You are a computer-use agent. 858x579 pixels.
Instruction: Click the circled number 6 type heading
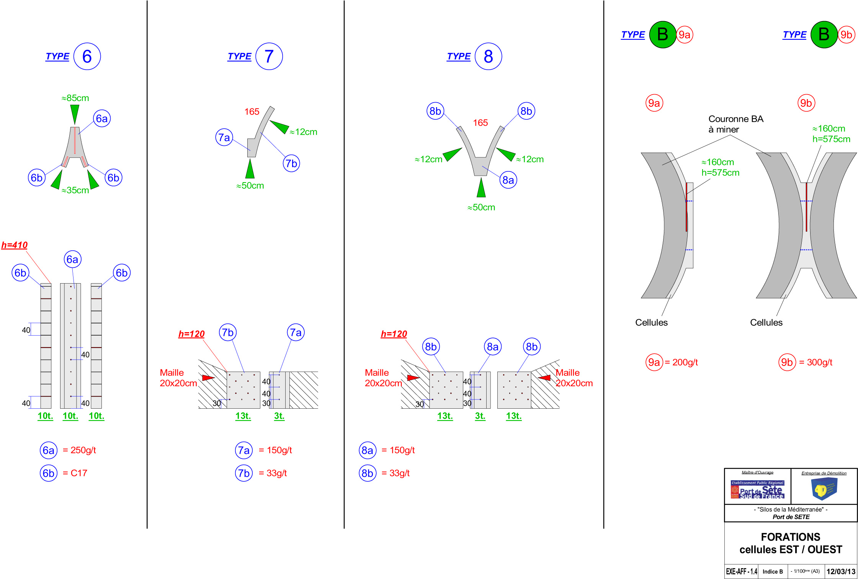pos(87,56)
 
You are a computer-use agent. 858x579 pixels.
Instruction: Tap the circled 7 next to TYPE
pos(269,56)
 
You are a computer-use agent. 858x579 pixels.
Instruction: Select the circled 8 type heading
pos(488,56)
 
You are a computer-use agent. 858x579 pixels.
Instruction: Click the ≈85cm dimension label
pos(75,98)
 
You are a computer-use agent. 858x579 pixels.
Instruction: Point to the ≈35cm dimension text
pos(75,190)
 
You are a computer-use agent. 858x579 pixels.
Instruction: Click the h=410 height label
pos(15,245)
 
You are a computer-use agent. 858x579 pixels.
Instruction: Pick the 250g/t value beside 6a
pos(83,450)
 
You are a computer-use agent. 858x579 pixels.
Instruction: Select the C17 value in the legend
pos(79,473)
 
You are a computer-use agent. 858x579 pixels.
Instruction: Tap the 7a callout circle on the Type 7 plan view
pos(224,137)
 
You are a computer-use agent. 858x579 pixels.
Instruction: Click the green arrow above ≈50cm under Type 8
pos(481,188)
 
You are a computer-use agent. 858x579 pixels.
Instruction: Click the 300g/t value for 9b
pos(819,362)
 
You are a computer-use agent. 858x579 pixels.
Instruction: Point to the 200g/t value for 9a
pos(685,362)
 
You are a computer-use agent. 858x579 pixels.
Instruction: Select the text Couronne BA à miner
pos(735,124)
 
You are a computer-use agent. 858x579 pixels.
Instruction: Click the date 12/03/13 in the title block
pos(841,571)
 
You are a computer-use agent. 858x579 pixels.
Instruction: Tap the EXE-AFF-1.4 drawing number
pos(741,571)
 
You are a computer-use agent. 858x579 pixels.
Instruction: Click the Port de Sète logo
pos(757,489)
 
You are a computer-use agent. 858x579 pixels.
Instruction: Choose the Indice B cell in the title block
pos(772,571)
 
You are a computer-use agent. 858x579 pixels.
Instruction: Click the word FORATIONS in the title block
pos(790,537)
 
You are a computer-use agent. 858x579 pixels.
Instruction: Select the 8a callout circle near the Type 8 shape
pos(508,180)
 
